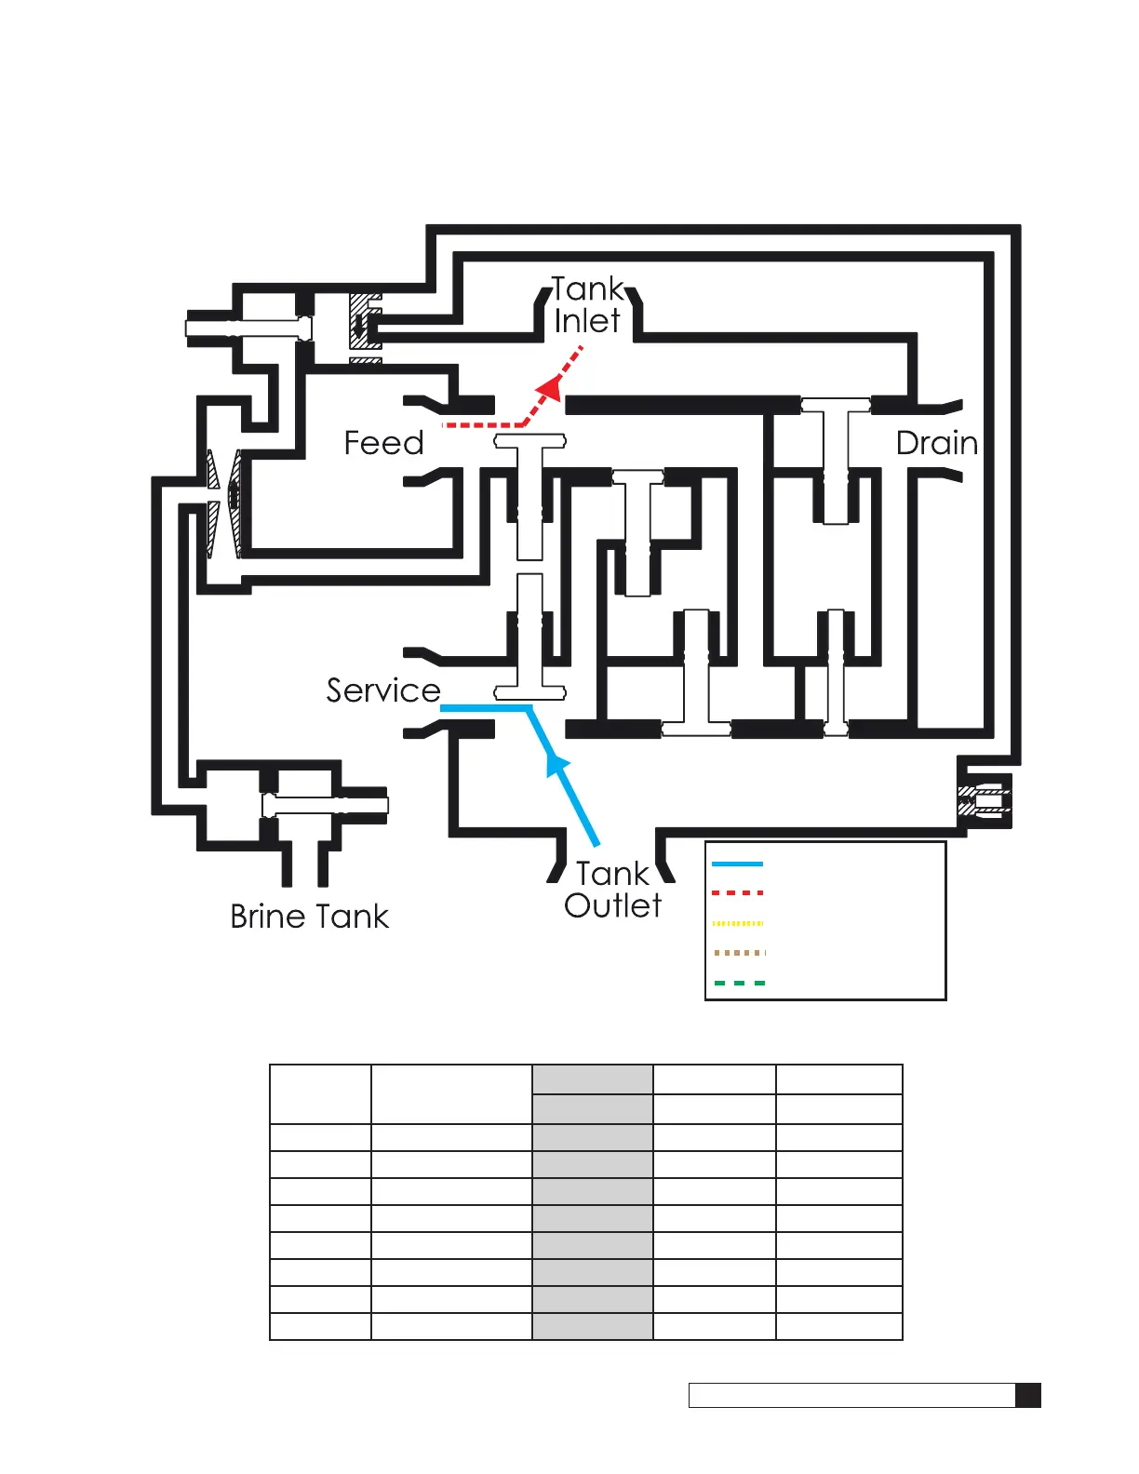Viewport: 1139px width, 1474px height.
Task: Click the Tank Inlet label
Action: coord(588,305)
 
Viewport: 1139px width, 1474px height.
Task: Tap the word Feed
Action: coord(383,443)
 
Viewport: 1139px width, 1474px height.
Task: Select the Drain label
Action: coord(936,443)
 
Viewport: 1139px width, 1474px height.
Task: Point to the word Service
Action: coord(382,690)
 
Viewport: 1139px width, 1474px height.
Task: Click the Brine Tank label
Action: coord(309,917)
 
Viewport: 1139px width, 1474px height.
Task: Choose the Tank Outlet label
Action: coord(612,890)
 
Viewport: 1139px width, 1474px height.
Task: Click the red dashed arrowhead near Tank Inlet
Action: coord(552,387)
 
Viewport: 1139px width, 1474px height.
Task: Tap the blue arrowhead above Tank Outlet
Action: coord(556,765)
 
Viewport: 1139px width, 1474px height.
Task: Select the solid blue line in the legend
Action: coord(737,864)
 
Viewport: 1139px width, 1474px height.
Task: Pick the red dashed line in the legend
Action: coord(737,893)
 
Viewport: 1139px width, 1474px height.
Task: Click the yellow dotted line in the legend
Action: coord(737,923)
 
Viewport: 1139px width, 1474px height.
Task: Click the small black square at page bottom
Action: coord(1027,1395)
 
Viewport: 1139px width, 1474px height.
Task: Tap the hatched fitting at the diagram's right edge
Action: coord(983,799)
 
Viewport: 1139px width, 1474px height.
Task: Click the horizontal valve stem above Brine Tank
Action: coord(325,805)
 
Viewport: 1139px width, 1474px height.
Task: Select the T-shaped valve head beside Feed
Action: coord(529,441)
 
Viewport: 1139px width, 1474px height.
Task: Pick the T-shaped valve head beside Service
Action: coord(529,692)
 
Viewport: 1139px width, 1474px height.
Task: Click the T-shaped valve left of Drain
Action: coord(836,406)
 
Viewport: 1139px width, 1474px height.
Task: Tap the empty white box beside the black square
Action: coord(851,1395)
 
